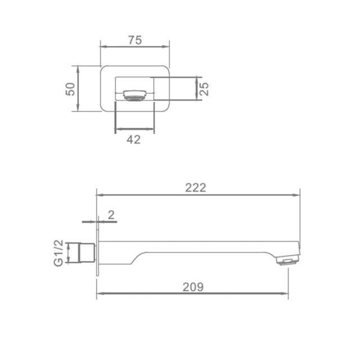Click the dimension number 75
[135, 40]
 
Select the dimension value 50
[70, 89]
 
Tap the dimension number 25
[204, 89]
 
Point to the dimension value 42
[133, 139]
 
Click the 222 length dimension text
[196, 188]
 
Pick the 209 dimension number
[193, 287]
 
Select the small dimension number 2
[111, 215]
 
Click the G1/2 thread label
[58, 253]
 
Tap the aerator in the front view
[135, 95]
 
